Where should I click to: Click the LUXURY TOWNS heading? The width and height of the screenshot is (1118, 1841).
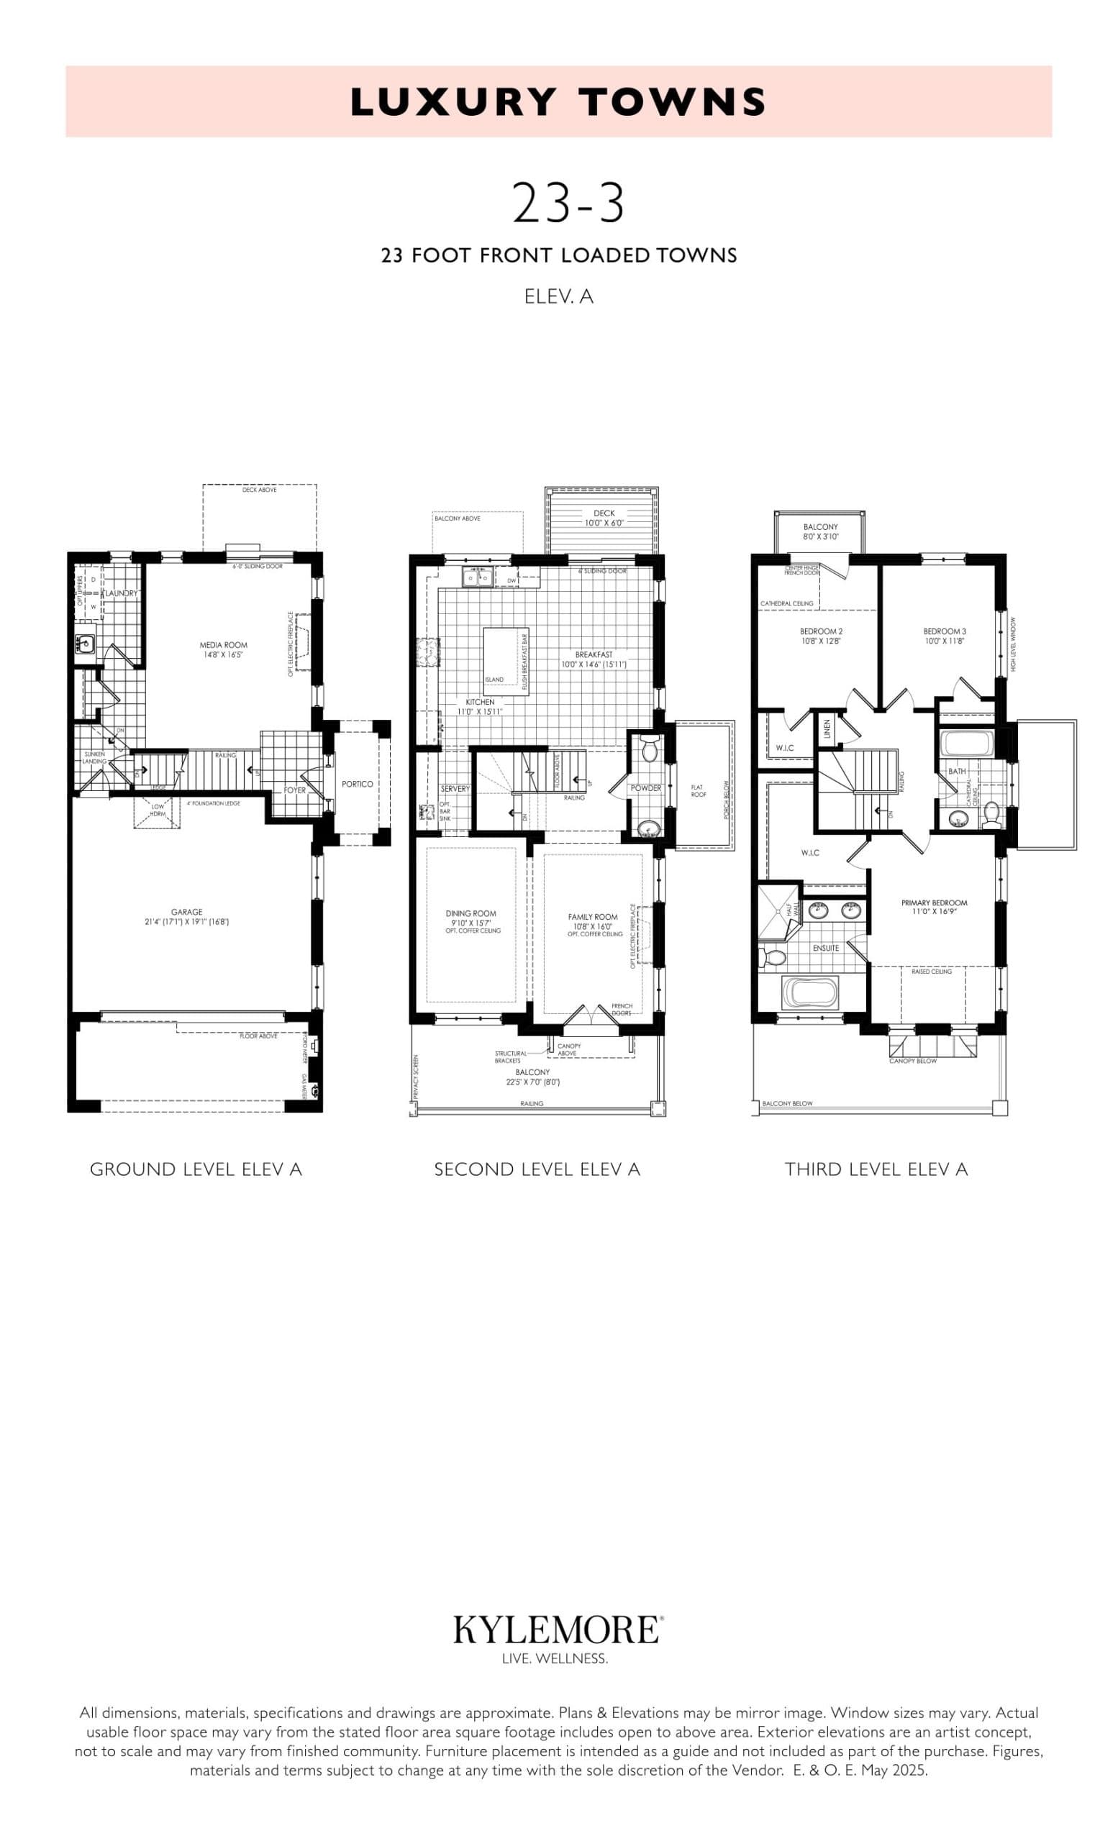click(558, 102)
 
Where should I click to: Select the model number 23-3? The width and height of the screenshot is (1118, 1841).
click(567, 204)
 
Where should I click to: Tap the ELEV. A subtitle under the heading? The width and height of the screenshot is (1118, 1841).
click(558, 296)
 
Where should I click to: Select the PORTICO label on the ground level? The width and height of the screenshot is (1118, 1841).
click(358, 784)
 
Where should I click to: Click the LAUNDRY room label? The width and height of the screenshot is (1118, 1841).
click(121, 593)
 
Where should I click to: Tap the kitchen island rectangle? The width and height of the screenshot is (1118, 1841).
click(505, 661)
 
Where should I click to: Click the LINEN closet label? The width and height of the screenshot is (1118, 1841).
click(827, 728)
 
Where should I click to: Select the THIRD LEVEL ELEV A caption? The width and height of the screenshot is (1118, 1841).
click(876, 1169)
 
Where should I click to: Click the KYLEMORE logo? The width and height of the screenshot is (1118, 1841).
click(558, 1630)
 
